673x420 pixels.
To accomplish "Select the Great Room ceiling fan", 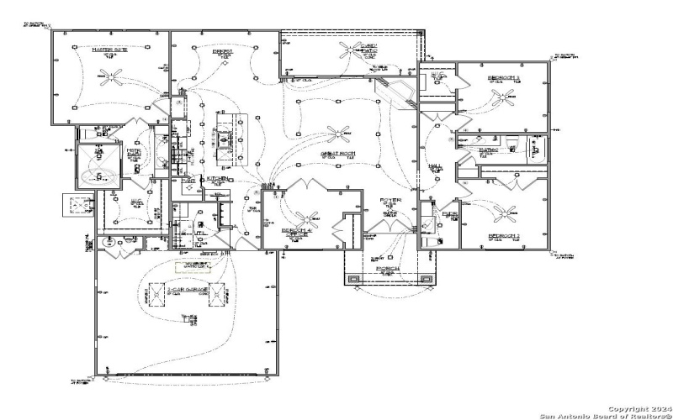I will click(341, 131).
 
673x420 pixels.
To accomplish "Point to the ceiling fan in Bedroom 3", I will click(506, 98).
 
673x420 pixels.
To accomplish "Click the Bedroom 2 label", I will click(505, 236).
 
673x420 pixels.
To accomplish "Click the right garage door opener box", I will click(218, 295).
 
